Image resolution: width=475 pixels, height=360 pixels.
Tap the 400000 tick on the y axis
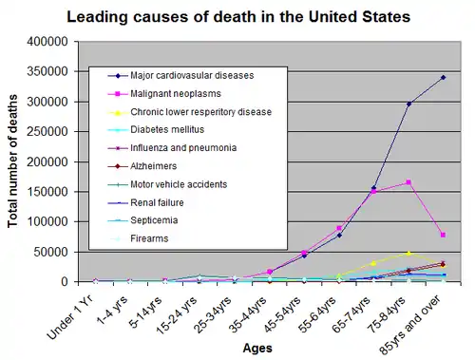tap(47, 42)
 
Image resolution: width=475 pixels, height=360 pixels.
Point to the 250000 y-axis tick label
tap(47, 131)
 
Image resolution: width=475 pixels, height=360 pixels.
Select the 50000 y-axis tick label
tap(51, 252)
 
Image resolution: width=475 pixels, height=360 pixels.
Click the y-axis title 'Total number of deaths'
tap(12, 161)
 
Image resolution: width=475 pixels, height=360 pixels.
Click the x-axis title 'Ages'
tap(257, 348)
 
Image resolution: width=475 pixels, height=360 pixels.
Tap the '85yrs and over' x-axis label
tap(410, 326)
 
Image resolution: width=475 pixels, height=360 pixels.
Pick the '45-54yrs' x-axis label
tap(283, 314)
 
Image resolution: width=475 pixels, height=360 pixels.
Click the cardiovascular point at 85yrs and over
tap(443, 77)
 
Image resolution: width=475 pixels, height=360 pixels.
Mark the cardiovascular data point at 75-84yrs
tap(408, 104)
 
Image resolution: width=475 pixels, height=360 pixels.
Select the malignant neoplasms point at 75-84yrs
tap(408, 182)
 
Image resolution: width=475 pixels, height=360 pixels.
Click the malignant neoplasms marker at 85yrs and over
tap(443, 235)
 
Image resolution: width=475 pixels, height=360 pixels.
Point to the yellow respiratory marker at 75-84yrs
tap(408, 254)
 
